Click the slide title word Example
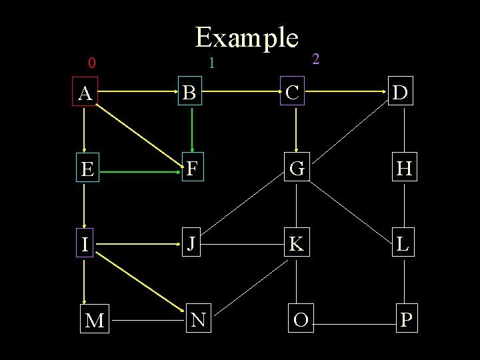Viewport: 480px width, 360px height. click(247, 38)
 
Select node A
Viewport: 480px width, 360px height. click(85, 94)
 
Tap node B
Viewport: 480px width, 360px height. click(190, 93)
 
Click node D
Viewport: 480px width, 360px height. click(401, 93)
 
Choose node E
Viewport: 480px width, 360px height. click(86, 170)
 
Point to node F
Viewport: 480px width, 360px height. click(192, 169)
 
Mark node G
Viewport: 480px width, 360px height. click(297, 169)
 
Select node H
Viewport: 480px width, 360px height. click(404, 169)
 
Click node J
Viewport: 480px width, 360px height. click(191, 244)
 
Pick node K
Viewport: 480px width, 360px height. click(296, 245)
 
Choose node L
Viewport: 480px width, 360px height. click(403, 244)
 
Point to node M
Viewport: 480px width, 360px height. click(95, 321)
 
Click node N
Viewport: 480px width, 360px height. click(198, 320)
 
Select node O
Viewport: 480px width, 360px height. click(301, 320)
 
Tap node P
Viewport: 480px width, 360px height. click(406, 320)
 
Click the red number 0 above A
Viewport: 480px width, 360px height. click(92, 64)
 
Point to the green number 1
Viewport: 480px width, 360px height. click(211, 64)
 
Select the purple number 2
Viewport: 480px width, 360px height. click(316, 59)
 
